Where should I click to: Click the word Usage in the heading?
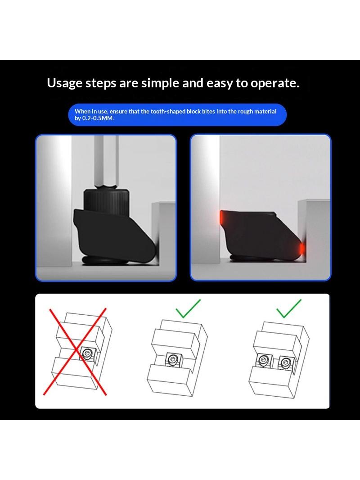pyautogui.click(x=64, y=83)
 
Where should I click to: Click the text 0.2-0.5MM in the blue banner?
pyautogui.click(x=98, y=118)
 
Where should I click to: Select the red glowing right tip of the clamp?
pyautogui.click(x=302, y=248)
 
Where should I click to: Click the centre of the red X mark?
pyautogui.click(x=75, y=351)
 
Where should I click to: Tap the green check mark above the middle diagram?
pyautogui.click(x=188, y=308)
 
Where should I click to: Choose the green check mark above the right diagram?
pyautogui.click(x=289, y=308)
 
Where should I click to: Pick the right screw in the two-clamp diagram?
pyautogui.click(x=285, y=362)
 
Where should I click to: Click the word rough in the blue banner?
pyautogui.click(x=246, y=111)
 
